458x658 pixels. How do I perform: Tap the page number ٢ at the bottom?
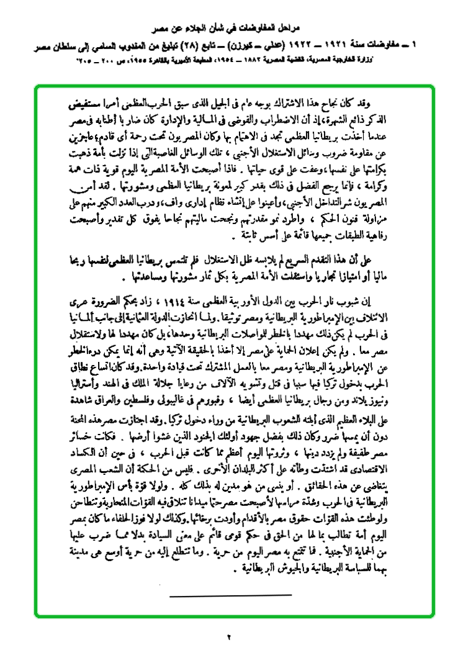coord(229,636)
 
